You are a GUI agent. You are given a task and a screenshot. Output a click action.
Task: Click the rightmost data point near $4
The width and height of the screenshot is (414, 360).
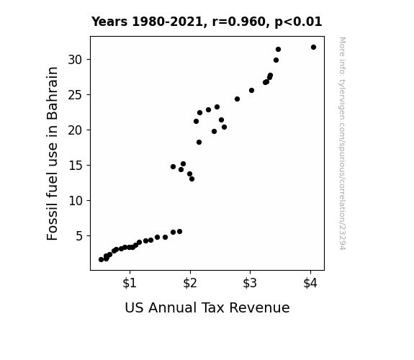point(313,48)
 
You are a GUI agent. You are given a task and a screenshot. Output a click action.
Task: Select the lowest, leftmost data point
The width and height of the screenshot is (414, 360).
point(101,260)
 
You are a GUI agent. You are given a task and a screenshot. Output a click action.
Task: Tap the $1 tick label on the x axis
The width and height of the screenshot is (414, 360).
point(130,283)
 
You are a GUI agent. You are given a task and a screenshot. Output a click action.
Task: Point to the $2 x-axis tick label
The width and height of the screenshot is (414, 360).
point(190,283)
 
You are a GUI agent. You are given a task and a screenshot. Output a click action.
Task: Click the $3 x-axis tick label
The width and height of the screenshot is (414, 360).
point(250,283)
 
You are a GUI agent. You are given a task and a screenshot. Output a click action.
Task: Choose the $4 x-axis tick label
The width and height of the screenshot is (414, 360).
point(310,283)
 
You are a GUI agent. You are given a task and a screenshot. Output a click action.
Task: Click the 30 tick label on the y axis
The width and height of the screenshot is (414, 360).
point(75,60)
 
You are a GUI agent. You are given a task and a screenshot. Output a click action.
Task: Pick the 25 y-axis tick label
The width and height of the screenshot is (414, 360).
point(75,95)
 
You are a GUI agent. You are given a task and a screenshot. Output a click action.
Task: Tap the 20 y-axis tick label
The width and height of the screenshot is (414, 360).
point(75,130)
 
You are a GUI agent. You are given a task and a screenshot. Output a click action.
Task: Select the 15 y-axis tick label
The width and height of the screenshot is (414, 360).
point(75,166)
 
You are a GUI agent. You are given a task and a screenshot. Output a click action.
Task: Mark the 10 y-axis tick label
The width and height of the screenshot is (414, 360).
point(75,201)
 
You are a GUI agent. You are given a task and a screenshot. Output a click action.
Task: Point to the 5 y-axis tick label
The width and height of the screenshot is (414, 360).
point(79,236)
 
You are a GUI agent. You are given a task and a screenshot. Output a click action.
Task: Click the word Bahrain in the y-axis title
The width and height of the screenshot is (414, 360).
point(52,94)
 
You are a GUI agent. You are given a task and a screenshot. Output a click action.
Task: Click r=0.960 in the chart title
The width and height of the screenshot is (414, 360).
point(239,22)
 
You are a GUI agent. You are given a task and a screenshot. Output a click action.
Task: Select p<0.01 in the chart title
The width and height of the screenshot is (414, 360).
point(298,22)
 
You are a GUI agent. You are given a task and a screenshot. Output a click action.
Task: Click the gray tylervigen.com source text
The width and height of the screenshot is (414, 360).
point(342,143)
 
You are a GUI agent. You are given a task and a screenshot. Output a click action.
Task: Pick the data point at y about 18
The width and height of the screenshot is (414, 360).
point(199,143)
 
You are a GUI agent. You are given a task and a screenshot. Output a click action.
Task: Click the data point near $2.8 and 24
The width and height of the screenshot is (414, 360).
point(237,99)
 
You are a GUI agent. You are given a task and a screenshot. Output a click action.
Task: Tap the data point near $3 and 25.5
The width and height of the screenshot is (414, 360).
point(251,91)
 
